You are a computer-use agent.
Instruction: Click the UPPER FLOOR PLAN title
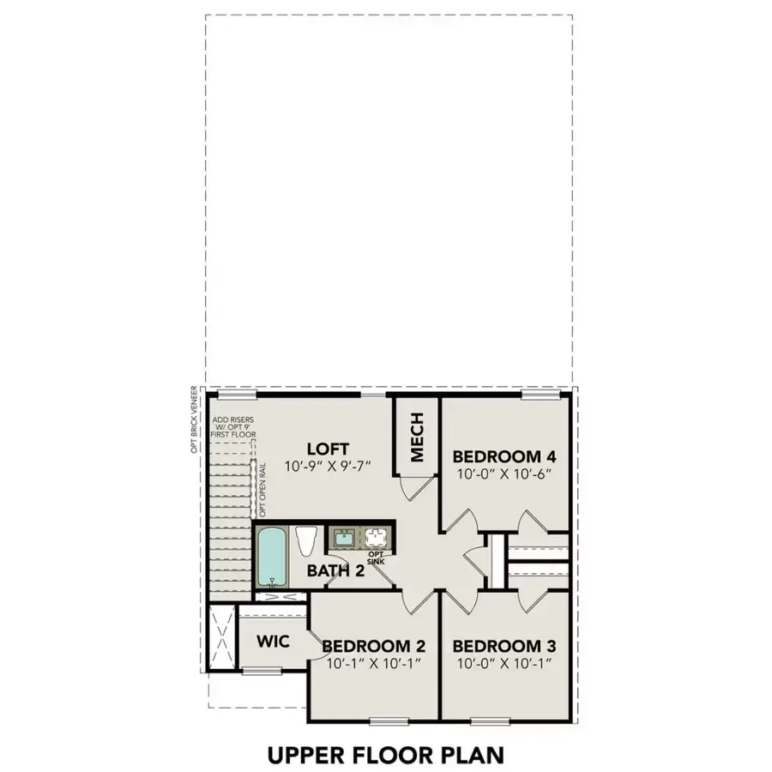click(x=385, y=755)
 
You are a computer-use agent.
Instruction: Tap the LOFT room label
click(x=328, y=448)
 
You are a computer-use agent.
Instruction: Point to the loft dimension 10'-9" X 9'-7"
click(x=328, y=467)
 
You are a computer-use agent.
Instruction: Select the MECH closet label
click(x=416, y=437)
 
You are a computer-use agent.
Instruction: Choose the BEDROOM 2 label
click(x=374, y=646)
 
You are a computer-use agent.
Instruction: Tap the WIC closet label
click(x=273, y=642)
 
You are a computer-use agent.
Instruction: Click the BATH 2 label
click(x=337, y=570)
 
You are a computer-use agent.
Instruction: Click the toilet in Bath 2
click(x=305, y=542)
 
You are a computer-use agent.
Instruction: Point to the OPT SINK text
click(x=375, y=558)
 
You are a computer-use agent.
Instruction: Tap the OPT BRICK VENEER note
click(x=196, y=419)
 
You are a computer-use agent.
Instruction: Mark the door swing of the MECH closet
click(x=413, y=487)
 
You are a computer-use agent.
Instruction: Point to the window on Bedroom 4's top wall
click(x=540, y=395)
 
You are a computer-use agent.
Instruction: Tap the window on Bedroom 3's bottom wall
click(x=486, y=719)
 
